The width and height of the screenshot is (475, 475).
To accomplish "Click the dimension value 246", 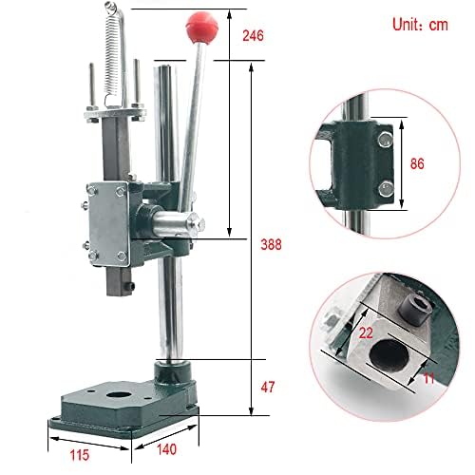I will pos(253,36).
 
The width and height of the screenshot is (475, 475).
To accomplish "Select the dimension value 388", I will pos(272,243).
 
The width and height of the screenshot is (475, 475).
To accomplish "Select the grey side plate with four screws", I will pos(105,221).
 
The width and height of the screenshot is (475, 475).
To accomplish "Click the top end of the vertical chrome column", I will pos(165,69).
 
